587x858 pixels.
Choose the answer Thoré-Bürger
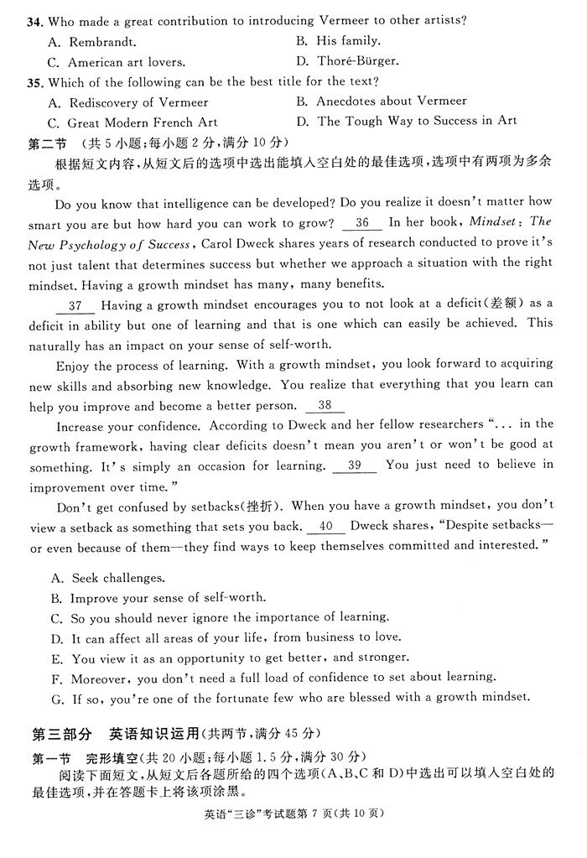click(358, 61)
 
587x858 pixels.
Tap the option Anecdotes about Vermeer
click(392, 101)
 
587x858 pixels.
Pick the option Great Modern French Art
click(143, 122)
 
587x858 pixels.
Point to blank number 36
click(362, 223)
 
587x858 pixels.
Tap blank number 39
click(354, 465)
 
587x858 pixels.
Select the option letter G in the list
click(56, 698)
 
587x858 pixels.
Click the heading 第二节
click(50, 143)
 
